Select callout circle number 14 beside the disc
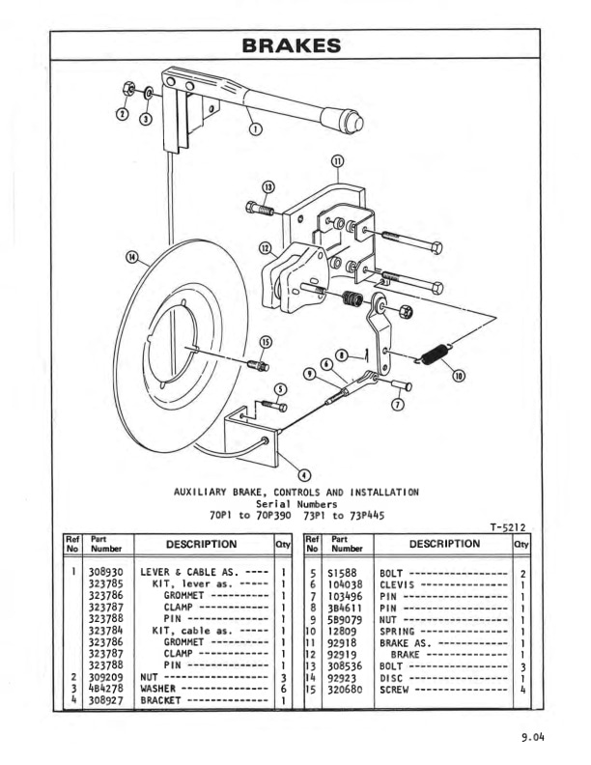coord(132,258)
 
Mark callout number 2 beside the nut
coord(122,113)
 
